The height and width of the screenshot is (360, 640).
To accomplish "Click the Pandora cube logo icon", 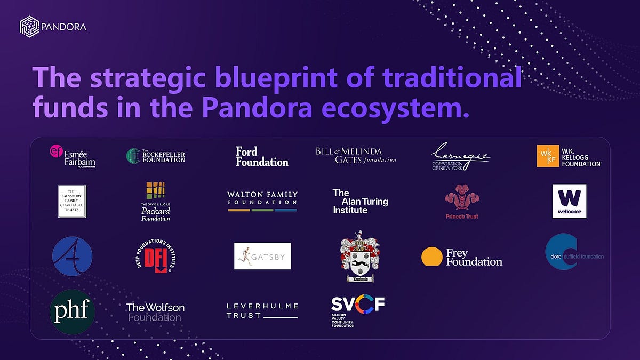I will click(29, 26).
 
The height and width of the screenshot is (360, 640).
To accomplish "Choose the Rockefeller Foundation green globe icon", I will click(134, 156).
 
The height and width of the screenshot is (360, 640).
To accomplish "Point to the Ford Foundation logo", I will click(262, 156).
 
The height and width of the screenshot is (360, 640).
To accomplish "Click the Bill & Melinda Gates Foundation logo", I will click(356, 155).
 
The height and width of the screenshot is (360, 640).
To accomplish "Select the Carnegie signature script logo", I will click(460, 156).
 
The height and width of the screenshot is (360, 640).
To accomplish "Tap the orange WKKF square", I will click(548, 156).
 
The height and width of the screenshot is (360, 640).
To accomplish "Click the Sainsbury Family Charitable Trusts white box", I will click(72, 201).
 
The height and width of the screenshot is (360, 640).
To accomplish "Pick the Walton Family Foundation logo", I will click(262, 201).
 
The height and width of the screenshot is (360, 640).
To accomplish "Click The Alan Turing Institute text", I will click(360, 202).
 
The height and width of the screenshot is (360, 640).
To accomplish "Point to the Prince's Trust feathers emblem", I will click(462, 199).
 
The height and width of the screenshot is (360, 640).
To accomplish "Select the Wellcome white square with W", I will click(569, 201).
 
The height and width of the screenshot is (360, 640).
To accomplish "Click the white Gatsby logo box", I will click(262, 256).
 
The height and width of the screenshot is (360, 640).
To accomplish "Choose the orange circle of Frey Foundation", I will click(432, 256).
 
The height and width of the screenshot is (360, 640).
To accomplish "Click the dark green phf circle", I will click(72, 311).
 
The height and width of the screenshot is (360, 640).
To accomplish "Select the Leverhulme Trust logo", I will click(262, 310).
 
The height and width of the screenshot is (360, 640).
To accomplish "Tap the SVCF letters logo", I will click(358, 305).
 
